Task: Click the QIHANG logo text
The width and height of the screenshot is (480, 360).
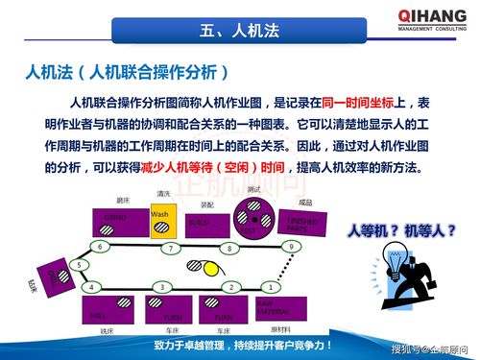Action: [x=429, y=15]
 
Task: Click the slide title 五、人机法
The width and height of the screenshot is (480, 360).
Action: [x=240, y=29]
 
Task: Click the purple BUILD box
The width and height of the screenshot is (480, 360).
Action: [x=205, y=224]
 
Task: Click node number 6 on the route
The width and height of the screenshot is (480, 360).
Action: [x=99, y=246]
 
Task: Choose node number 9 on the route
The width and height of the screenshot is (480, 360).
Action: [x=291, y=247]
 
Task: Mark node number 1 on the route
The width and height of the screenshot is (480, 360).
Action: [x=271, y=286]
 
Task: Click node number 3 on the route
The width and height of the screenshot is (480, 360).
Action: [x=163, y=287]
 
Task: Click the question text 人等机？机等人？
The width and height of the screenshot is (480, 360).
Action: [x=401, y=230]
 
